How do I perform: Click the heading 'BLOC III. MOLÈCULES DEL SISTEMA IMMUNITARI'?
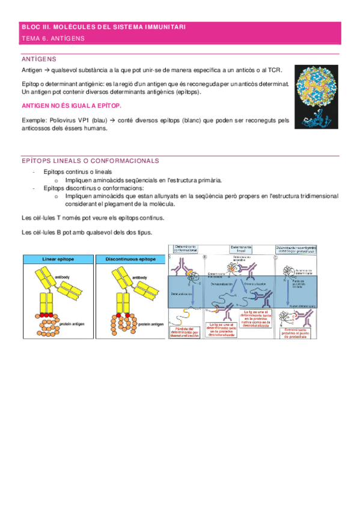pos(104,28)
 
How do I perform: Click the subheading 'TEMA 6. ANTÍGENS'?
pos(53,38)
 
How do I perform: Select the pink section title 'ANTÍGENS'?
pos(39,59)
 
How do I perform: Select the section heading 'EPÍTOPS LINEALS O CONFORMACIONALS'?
pos(90,161)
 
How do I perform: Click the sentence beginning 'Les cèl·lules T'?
pos(93,217)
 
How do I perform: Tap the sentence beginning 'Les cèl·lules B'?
pos(87,233)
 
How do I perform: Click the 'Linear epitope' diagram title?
pos(57,259)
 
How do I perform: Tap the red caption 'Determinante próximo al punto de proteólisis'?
pos(296,331)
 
